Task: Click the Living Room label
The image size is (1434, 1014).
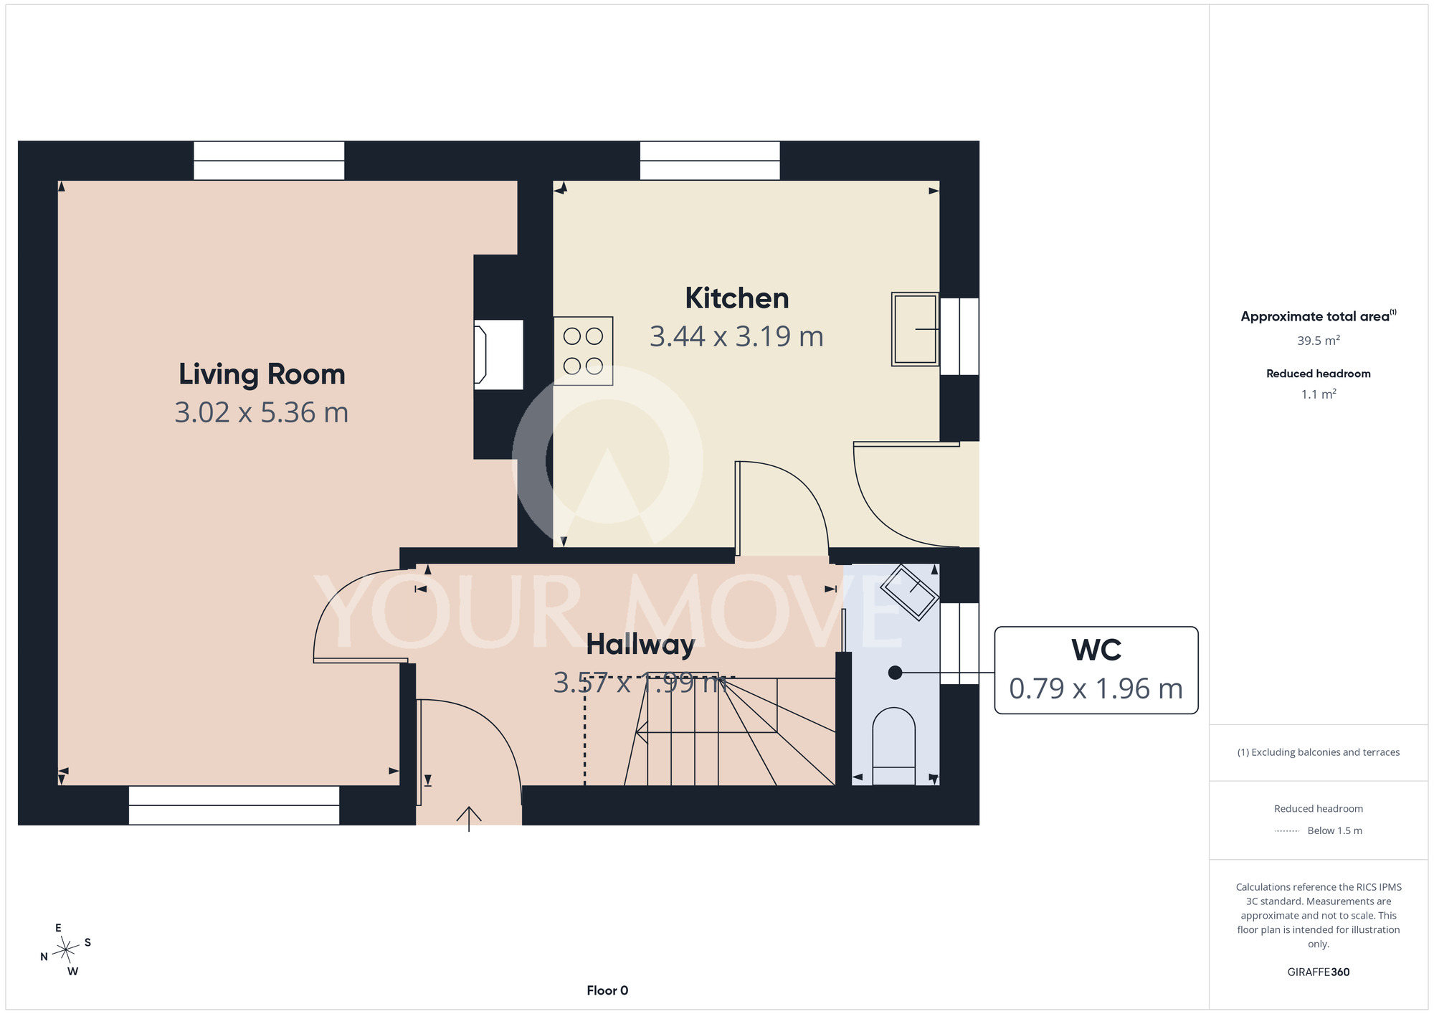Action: [x=262, y=374]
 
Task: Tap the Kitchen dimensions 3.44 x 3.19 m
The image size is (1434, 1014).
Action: [x=736, y=336]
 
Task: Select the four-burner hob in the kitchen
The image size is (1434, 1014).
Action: [x=583, y=351]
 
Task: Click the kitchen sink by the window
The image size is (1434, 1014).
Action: [x=915, y=329]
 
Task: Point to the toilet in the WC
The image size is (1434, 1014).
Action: [x=893, y=746]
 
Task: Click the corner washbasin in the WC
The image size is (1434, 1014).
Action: [x=909, y=592]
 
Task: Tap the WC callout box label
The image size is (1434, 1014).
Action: [x=1096, y=650]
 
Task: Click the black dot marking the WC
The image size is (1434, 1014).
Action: [x=895, y=673]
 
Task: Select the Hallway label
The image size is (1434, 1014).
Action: [x=640, y=645]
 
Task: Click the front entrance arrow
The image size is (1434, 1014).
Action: [x=469, y=819]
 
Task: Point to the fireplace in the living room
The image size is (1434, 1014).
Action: [x=498, y=355]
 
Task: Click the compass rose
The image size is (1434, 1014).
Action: [x=66, y=949]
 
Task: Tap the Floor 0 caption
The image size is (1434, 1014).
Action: [x=607, y=990]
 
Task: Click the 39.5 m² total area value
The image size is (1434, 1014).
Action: [x=1319, y=341]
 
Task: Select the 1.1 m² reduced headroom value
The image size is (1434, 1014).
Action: [x=1319, y=394]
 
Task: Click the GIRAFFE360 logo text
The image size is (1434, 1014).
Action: [x=1319, y=972]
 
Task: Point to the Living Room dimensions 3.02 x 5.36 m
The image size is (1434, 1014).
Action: [x=262, y=412]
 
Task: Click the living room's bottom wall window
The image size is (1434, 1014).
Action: [x=234, y=805]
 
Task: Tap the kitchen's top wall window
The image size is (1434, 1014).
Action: [x=710, y=161]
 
